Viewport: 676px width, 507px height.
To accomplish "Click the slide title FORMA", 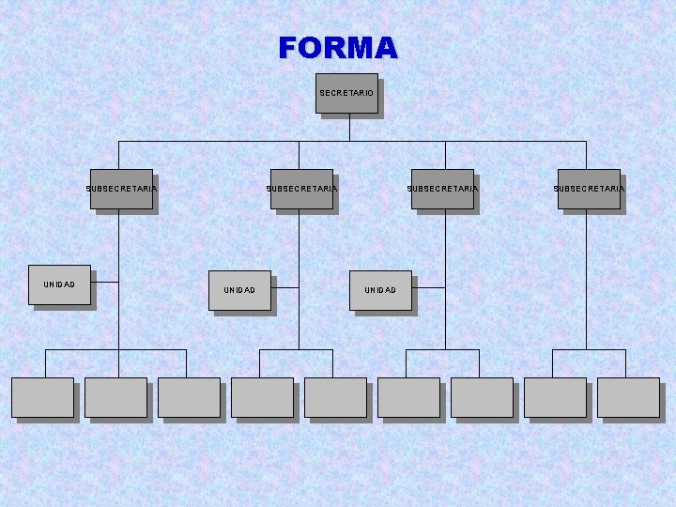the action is tap(338, 48).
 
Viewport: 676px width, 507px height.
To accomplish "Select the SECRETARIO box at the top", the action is tap(346, 93).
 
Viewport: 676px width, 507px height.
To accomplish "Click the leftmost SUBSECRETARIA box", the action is tap(121, 189).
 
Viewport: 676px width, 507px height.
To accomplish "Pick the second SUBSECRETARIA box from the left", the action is tap(301, 189).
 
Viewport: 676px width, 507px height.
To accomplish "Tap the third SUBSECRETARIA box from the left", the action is tap(442, 189).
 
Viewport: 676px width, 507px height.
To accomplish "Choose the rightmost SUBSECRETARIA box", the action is tap(589, 189).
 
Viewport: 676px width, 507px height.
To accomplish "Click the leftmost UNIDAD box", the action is tap(59, 284).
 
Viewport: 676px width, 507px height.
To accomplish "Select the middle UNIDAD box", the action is tap(239, 290).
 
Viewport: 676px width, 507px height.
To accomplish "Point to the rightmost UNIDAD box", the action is tap(380, 290).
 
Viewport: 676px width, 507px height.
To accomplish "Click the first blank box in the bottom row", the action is tap(42, 397).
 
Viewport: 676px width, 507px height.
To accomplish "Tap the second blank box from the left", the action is tap(115, 397).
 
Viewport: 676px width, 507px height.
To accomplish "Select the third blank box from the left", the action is tap(189, 397).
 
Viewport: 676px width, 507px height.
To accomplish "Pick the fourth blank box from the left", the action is tap(262, 397).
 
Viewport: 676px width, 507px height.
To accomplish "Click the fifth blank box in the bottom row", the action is tap(335, 397).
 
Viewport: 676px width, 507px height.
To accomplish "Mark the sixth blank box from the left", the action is tap(408, 397).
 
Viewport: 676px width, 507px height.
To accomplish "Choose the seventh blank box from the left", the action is tap(482, 397).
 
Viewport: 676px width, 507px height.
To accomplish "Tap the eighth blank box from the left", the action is tap(555, 397).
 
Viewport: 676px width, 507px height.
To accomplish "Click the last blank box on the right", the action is tap(628, 397).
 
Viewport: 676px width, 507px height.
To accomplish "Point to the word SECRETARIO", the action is tap(346, 93).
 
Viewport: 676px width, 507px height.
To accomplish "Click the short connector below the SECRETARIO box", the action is tap(349, 128).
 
